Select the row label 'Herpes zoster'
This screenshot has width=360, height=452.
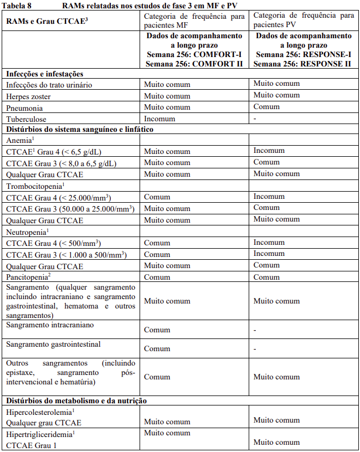[x=29, y=96]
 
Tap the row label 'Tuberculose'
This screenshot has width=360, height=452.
[x=27, y=119]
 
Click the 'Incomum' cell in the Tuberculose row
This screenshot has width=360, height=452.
[x=159, y=119]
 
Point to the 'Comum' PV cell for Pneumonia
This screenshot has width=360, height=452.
[x=266, y=107]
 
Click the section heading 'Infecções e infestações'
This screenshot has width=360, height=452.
[x=44, y=74]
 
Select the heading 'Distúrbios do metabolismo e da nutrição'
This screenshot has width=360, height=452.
[x=76, y=400]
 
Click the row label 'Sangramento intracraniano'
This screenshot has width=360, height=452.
[x=50, y=325]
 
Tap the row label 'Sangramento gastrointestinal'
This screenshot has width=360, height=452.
[x=53, y=344]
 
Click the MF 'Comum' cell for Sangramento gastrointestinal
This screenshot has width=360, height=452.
[x=157, y=349]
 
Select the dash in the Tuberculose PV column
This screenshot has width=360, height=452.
[x=255, y=119]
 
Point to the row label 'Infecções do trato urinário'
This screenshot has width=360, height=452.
[x=49, y=85]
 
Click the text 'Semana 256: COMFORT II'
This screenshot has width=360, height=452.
[x=194, y=63]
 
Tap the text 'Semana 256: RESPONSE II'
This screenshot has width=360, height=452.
[x=303, y=63]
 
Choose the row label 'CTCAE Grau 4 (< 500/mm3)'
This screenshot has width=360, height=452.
[x=53, y=243]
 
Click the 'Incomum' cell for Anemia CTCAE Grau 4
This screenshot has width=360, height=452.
[x=269, y=151]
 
